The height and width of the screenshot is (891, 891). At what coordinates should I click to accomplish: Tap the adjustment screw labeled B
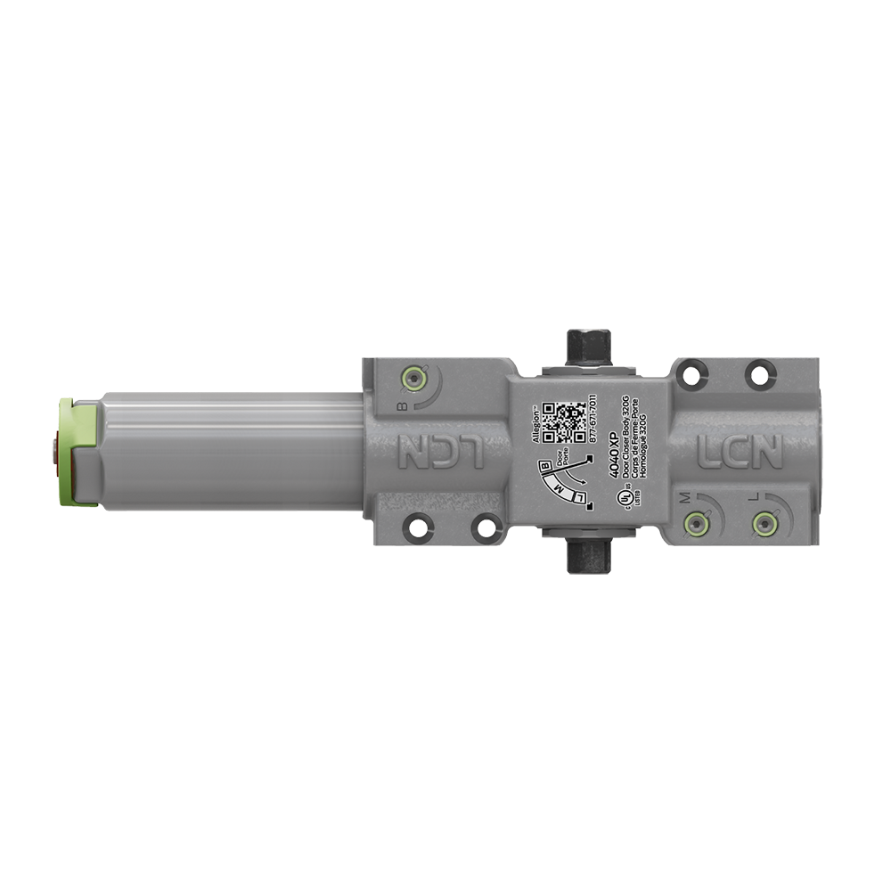411,379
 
